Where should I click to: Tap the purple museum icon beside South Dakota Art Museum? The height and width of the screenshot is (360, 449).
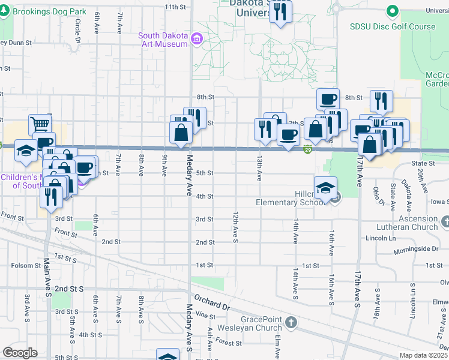click(x=196, y=40)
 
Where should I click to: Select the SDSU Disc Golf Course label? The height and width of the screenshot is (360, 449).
click(x=393, y=26)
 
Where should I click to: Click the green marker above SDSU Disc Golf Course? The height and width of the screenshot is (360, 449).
click(x=393, y=11)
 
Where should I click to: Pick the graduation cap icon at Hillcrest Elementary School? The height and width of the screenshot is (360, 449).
click(x=325, y=188)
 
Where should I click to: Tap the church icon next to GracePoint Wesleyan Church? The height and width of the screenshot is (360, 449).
click(x=291, y=323)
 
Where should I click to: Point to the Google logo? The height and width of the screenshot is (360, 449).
click(x=20, y=353)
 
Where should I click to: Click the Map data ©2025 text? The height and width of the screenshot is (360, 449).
click(x=424, y=355)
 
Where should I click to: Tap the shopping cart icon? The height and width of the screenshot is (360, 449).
click(x=40, y=125)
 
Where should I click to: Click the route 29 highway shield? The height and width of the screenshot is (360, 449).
click(x=307, y=149)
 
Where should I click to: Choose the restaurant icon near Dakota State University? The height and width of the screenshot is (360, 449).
click(x=280, y=11)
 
